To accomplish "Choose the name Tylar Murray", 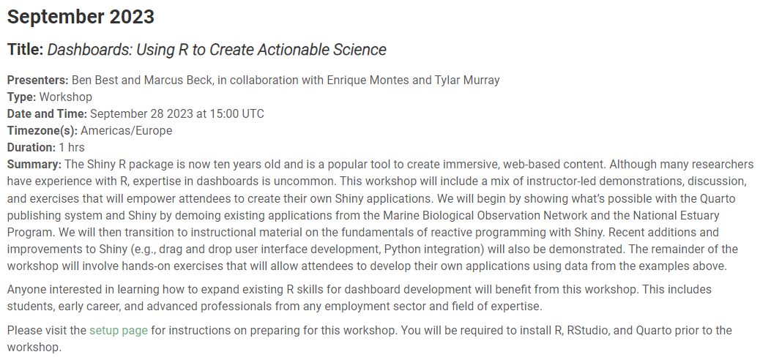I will tap(465, 80).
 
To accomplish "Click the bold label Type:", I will tap(21, 97).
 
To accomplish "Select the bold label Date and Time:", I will tap(47, 113).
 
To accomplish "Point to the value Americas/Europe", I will tap(127, 131).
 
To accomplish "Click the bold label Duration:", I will tap(31, 147).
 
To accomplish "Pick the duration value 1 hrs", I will tap(72, 147).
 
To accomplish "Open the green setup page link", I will tap(119, 330).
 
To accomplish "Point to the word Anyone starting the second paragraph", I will tap(26, 289).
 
